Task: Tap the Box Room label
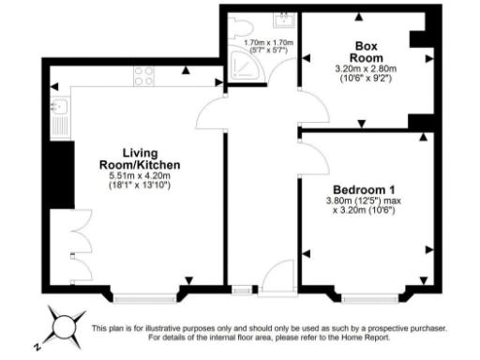(360, 51)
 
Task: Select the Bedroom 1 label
(360, 191)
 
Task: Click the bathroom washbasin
(282, 19)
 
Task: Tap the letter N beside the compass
(37, 345)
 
